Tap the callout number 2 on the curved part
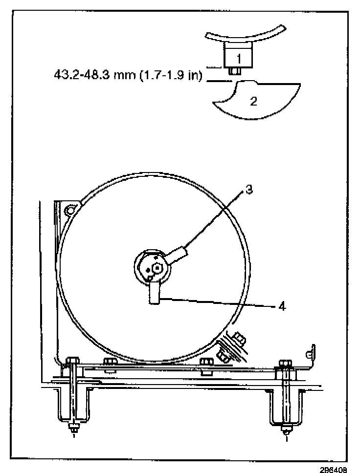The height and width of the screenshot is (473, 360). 253,101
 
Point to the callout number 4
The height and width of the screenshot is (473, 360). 282,308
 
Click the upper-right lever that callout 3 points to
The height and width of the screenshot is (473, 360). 178,255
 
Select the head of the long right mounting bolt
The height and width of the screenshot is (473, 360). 285,364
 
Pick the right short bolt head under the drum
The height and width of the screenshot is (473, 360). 206,362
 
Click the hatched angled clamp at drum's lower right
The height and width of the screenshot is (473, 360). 231,348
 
